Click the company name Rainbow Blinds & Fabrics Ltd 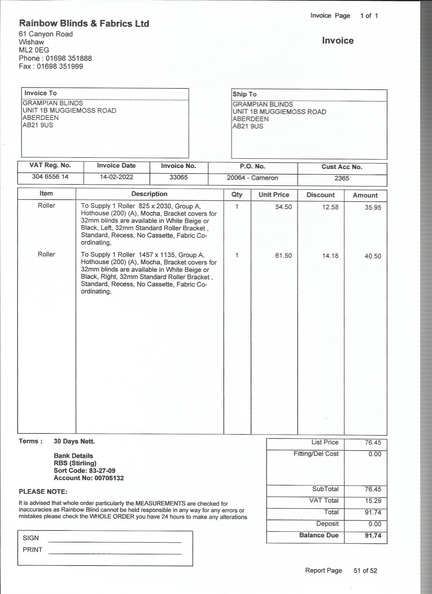pyautogui.click(x=84, y=24)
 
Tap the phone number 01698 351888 pyautogui.click(x=69, y=58)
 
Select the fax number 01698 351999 pyautogui.click(x=60, y=66)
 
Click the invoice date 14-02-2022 pyautogui.click(x=116, y=177)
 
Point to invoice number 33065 pyautogui.click(x=178, y=177)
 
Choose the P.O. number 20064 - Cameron pyautogui.click(x=252, y=178)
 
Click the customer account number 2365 pyautogui.click(x=342, y=178)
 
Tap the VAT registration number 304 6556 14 pyautogui.click(x=50, y=177)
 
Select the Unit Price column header pyautogui.click(x=274, y=195)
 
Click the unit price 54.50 pyautogui.click(x=283, y=207)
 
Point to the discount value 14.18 pyautogui.click(x=330, y=256)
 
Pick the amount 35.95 pyautogui.click(x=373, y=208)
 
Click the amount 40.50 pyautogui.click(x=373, y=256)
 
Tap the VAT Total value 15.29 pyautogui.click(x=373, y=501)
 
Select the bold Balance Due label pyautogui.click(x=319, y=535)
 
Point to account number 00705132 pyautogui.click(x=109, y=478)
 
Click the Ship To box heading pyautogui.click(x=244, y=94)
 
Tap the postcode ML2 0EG pyautogui.click(x=34, y=50)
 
